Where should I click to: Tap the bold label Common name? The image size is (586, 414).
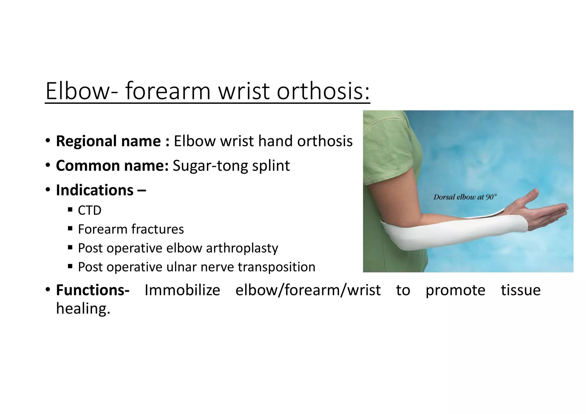112,166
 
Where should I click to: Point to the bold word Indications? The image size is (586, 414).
95,190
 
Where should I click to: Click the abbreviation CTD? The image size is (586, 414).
90,211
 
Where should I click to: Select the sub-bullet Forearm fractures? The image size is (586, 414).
131,229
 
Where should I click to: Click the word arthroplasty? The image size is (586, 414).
242,248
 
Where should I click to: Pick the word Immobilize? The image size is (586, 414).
182,290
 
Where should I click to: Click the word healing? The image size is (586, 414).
83,309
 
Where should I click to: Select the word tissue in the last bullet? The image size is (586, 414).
520,290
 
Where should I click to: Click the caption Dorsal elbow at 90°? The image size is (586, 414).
465,197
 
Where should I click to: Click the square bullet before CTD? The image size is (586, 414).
70,210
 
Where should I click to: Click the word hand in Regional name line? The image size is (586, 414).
275,141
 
